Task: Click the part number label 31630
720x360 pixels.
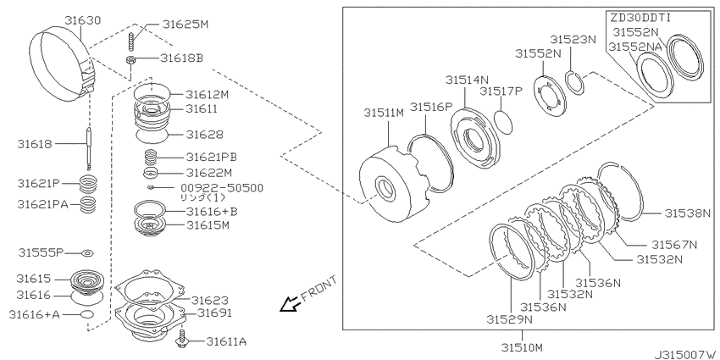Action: [x=83, y=19]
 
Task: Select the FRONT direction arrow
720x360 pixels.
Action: [x=291, y=304]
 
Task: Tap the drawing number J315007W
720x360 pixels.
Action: [x=684, y=354]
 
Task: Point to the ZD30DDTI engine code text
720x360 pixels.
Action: [x=640, y=18]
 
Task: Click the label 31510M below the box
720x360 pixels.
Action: [x=522, y=346]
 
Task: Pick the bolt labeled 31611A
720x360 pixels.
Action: [x=182, y=338]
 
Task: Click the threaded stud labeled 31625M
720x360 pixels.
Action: [x=130, y=42]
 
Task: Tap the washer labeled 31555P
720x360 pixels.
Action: [x=87, y=253]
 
